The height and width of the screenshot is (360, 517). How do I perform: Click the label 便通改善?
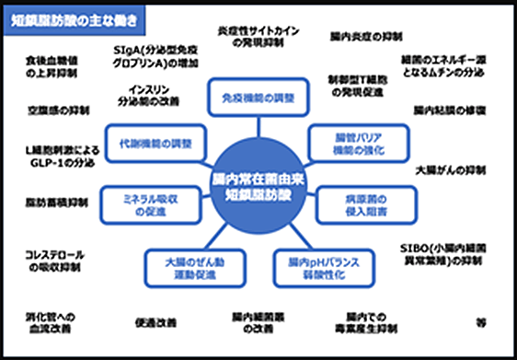pos(155,323)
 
